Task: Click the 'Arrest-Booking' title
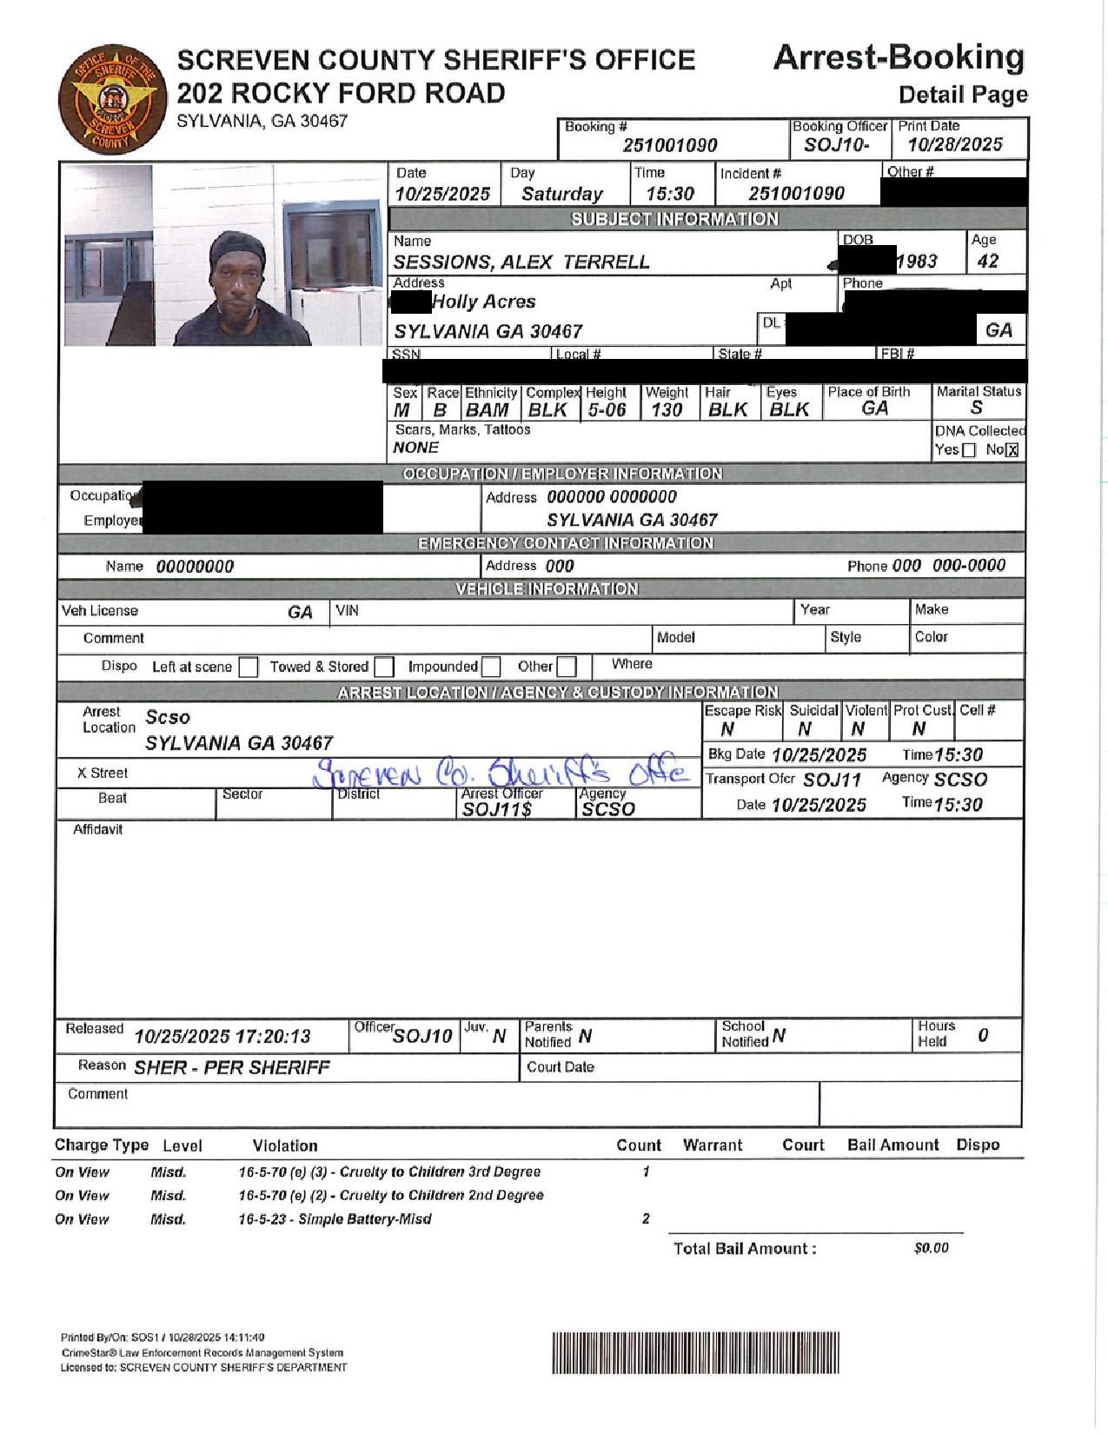pos(899,57)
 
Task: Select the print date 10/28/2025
pos(955,145)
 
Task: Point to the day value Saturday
pos(561,194)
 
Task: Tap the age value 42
pos(988,262)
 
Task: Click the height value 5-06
pos(607,410)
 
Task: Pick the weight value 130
pos(667,410)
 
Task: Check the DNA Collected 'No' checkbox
pos(1012,450)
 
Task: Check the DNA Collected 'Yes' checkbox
pos(969,450)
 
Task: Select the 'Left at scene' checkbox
pos(249,667)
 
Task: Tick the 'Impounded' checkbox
pos(491,667)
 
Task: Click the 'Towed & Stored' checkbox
pos(384,667)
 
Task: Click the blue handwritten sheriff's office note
pos(502,773)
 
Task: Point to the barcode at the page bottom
pos(695,1352)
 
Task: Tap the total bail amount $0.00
pos(931,1249)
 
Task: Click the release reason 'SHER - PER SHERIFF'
pos(232,1067)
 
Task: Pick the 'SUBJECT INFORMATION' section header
pos(674,219)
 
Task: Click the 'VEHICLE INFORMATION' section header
pos(547,589)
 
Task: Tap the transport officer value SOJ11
pos(832,780)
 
